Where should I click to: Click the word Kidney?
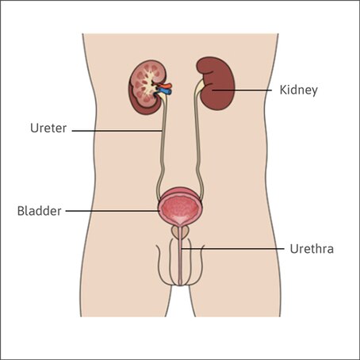click(x=298, y=90)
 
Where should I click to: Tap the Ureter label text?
click(x=48, y=128)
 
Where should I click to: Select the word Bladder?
click(x=39, y=211)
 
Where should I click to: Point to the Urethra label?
click(x=312, y=249)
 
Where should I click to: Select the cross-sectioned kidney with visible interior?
click(x=147, y=87)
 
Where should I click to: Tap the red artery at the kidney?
click(x=165, y=86)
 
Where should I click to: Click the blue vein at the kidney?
click(x=164, y=91)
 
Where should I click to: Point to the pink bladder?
click(x=181, y=207)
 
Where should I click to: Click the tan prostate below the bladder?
click(x=174, y=232)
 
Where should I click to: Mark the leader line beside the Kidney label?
click(x=242, y=90)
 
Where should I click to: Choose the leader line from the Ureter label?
click(x=117, y=131)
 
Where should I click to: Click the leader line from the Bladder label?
click(x=113, y=211)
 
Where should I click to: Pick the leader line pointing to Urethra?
click(x=232, y=249)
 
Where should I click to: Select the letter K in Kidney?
click(x=283, y=90)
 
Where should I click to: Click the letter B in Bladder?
click(x=21, y=211)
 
